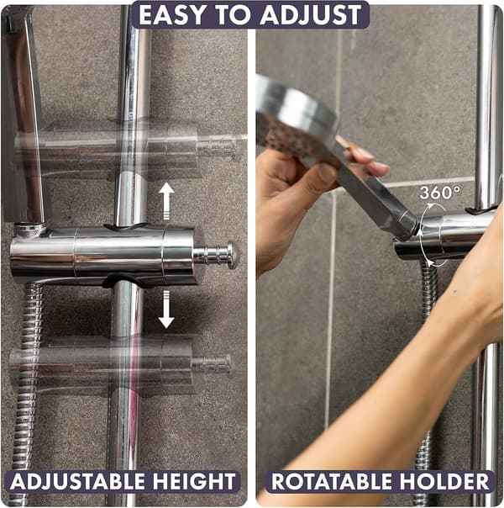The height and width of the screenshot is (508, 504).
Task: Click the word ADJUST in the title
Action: [311, 15]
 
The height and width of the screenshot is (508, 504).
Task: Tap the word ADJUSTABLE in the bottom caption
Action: [77, 481]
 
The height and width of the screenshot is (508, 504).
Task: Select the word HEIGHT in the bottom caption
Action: [194, 481]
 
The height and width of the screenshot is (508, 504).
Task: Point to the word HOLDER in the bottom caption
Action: [445, 481]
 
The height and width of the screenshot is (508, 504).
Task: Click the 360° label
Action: [439, 193]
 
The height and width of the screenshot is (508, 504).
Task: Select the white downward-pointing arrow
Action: [166, 310]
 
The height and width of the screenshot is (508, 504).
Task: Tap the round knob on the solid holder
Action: [230, 255]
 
